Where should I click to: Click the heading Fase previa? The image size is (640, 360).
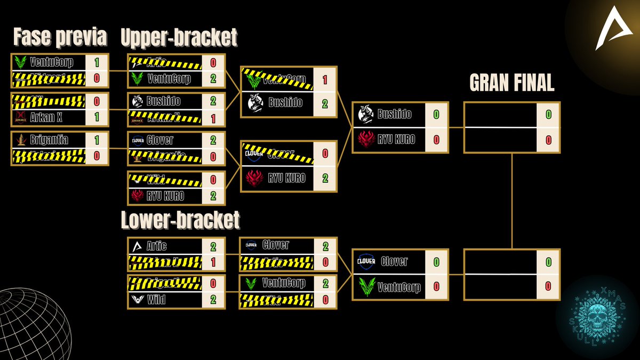(x=60, y=38)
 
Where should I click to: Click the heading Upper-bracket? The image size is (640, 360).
(x=179, y=38)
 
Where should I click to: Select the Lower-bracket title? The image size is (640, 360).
(x=180, y=220)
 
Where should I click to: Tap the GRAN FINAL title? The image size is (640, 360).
(x=511, y=83)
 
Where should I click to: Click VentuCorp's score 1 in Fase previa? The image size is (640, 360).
(x=97, y=62)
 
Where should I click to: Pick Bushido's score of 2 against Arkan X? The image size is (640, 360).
(x=213, y=101)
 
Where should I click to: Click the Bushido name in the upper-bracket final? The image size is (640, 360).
(x=395, y=114)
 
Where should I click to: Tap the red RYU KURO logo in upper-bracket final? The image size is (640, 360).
(x=366, y=140)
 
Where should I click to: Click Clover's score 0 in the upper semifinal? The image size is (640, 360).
(x=325, y=153)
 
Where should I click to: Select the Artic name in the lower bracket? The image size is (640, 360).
(x=156, y=246)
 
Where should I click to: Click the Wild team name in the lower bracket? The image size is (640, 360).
(x=156, y=300)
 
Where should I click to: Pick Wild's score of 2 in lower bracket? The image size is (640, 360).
(x=213, y=300)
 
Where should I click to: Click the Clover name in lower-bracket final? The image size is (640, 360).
(x=394, y=261)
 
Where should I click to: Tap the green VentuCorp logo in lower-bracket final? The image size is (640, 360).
(x=366, y=287)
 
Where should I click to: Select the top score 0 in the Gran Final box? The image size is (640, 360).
(x=548, y=115)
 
